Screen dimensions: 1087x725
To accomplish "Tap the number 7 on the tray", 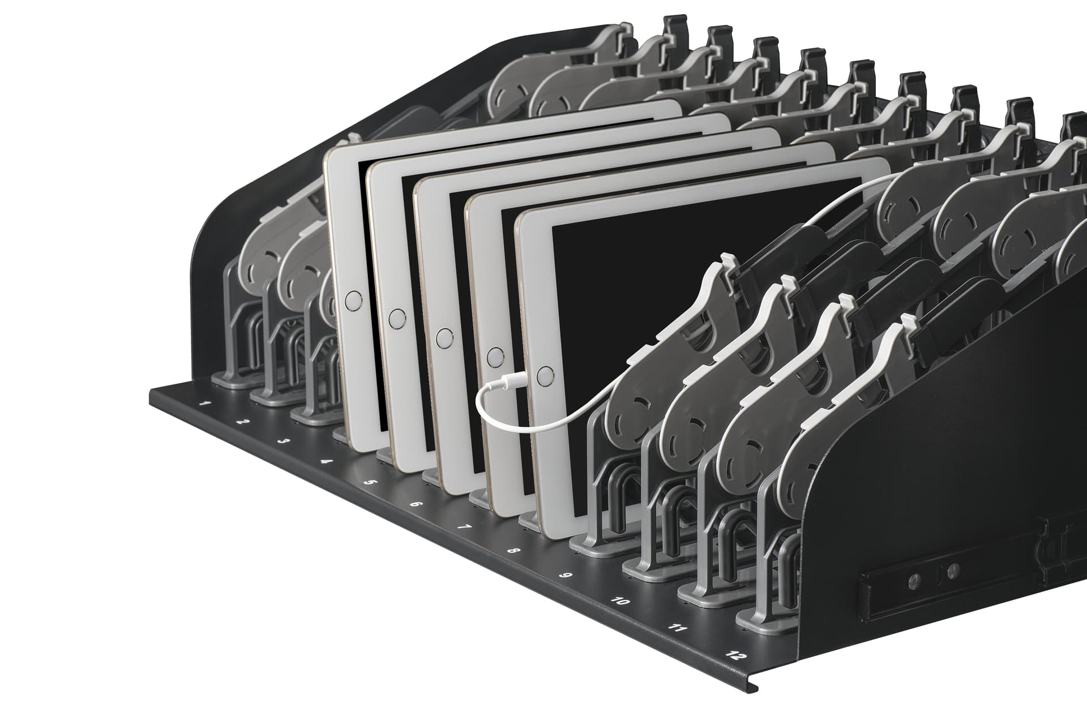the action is (x=464, y=527).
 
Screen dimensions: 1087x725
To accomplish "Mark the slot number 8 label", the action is (x=513, y=550).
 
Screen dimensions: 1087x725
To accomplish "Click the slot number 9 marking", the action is (x=565, y=576).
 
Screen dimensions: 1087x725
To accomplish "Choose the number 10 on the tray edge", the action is (x=620, y=600).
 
